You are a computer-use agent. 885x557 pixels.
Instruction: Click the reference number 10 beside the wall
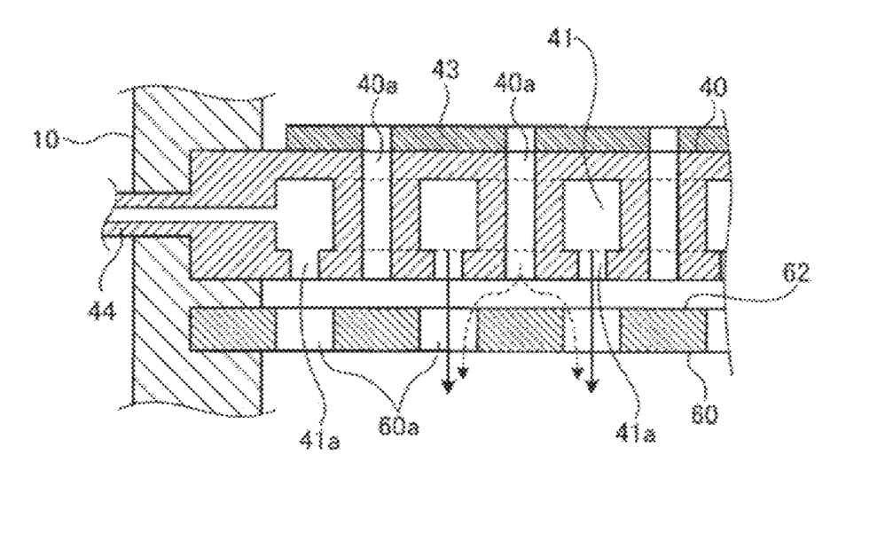point(46,139)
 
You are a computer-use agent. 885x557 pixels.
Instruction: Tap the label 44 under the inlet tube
point(102,310)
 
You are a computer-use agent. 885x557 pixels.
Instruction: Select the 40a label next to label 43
point(377,85)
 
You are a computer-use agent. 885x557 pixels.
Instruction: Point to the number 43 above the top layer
point(446,70)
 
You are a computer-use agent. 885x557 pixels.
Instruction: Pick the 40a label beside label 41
point(514,84)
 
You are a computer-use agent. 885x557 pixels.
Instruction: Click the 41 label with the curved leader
point(560,39)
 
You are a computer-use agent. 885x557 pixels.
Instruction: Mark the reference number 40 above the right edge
point(714,88)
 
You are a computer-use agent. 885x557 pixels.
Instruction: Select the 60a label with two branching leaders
point(398,427)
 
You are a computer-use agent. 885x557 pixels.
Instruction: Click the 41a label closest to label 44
point(319,441)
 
